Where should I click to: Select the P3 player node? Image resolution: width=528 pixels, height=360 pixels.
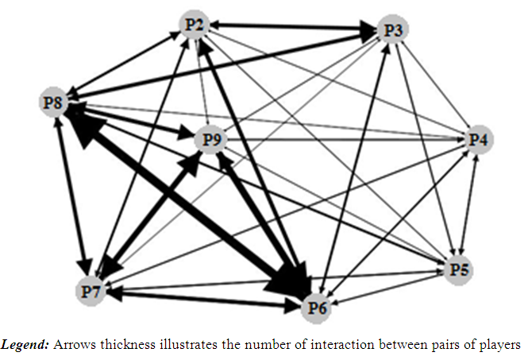point(392,31)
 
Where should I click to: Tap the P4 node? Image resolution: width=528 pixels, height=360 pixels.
point(480,140)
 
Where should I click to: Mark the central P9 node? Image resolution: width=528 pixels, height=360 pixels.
point(210,141)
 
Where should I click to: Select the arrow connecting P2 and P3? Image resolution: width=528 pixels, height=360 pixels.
point(294,29)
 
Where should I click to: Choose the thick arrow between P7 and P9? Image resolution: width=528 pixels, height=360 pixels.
point(151,215)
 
